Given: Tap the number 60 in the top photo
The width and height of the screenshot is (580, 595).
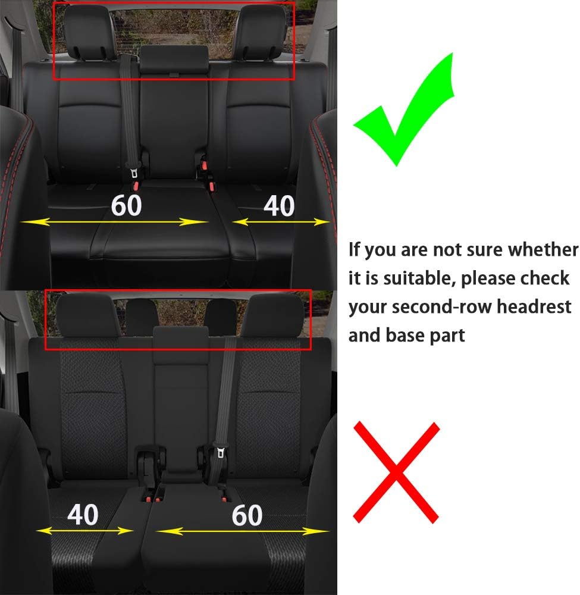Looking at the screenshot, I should pos(126,205).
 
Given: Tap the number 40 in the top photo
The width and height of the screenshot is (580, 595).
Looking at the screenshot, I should pos(278,206).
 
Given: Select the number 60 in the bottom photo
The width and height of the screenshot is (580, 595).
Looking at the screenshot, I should pos(247,515).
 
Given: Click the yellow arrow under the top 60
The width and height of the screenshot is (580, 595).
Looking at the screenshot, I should pos(113,222).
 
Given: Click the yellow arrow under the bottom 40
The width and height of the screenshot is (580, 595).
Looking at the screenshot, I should pos(84,530).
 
